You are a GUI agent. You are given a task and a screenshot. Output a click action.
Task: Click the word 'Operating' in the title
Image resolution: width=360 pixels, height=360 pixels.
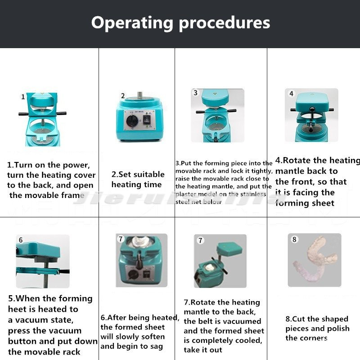(x=132, y=23)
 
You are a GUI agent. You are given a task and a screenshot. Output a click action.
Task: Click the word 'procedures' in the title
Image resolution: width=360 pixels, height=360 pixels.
(x=224, y=23)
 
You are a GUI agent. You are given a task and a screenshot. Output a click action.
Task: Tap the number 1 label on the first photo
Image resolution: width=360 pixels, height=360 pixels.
(x=23, y=97)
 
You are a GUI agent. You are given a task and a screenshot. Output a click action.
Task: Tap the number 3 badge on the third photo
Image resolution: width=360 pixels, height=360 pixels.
(x=195, y=93)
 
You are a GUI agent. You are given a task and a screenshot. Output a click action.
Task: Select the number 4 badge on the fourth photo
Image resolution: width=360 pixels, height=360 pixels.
(x=291, y=94)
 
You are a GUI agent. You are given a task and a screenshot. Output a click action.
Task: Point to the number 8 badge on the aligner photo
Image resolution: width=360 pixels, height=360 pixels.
(x=294, y=239)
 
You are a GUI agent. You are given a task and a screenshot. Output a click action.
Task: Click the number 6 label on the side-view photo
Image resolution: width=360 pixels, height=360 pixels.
(x=21, y=240)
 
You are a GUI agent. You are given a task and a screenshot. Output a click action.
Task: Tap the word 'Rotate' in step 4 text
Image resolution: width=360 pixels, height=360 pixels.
(x=297, y=160)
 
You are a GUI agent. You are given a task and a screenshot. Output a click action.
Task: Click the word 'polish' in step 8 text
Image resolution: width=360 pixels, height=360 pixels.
(x=338, y=329)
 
